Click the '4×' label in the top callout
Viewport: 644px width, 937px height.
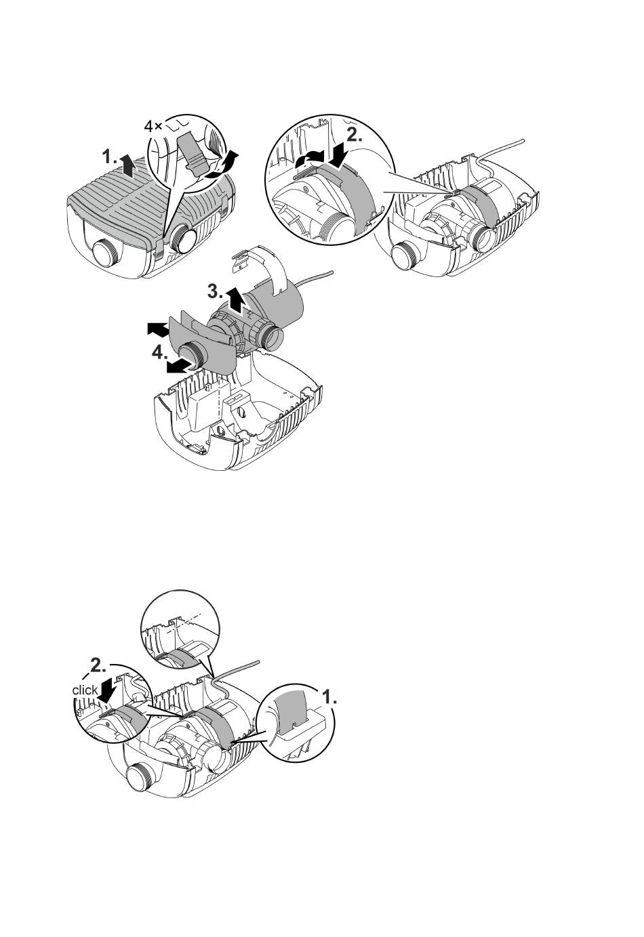pos(153,126)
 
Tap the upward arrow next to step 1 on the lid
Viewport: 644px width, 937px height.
pos(127,165)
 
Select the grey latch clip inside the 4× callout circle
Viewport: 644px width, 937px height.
pos(192,155)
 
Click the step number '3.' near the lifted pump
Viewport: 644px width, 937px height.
pos(216,291)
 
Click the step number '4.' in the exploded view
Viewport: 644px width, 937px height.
pos(159,354)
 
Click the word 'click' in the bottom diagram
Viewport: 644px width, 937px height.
pos(85,690)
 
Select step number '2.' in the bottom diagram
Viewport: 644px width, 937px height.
pos(98,667)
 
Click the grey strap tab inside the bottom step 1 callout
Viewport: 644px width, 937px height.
pos(291,710)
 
